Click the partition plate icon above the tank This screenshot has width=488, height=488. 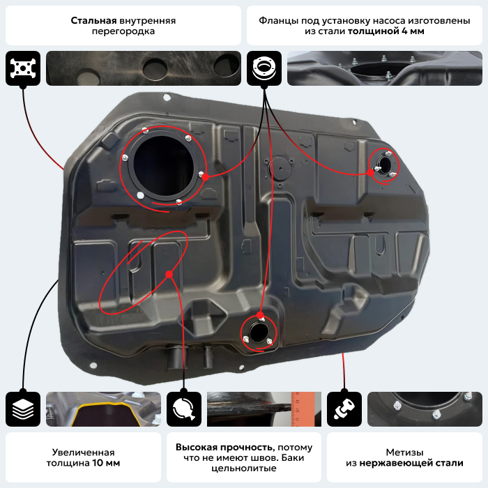(22, 68)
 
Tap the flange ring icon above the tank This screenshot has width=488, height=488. (264, 68)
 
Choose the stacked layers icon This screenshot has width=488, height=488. (22, 409)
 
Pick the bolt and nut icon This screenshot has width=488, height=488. (344, 409)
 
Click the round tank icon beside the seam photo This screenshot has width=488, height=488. (184, 409)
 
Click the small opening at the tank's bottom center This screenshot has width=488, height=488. (258, 330)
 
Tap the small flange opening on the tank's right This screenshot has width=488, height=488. (384, 165)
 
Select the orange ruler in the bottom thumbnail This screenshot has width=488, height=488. (300, 409)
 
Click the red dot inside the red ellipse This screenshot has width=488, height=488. (169, 274)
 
